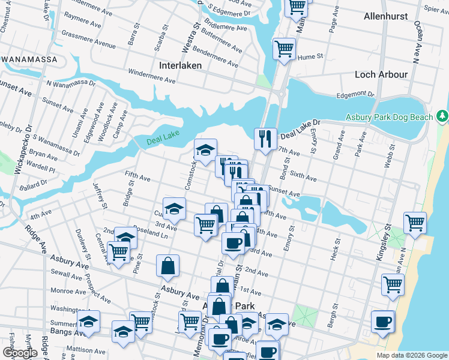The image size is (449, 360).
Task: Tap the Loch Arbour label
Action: pyautogui.click(x=381, y=74)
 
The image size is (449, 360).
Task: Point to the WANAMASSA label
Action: pyautogui.click(x=29, y=59)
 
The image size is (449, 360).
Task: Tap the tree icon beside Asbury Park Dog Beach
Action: pyautogui.click(x=442, y=115)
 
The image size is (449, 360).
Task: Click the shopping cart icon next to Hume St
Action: pyautogui.click(x=284, y=49)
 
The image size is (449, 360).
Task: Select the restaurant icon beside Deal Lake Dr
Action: pyautogui.click(x=265, y=139)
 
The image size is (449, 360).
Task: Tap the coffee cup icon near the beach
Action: pyautogui.click(x=382, y=322)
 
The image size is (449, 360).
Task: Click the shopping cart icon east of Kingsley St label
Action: pyautogui.click(x=415, y=223)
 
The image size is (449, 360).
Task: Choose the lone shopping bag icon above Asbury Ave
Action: pyautogui.click(x=168, y=266)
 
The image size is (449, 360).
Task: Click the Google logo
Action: pyautogui.click(x=20, y=353)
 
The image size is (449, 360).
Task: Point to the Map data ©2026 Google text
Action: pyautogui.click(x=412, y=355)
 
